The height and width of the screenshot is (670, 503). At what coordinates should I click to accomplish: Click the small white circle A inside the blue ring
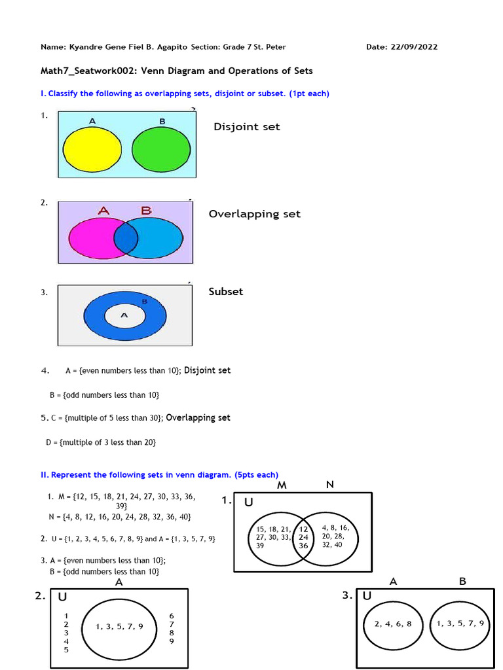tap(124, 315)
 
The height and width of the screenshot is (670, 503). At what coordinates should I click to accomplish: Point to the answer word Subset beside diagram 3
tap(225, 292)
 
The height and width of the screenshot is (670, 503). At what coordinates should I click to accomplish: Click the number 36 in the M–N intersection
tap(303, 546)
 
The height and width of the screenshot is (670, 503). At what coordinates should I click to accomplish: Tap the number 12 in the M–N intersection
tap(303, 529)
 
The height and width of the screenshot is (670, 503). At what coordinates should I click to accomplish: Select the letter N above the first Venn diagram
tap(329, 485)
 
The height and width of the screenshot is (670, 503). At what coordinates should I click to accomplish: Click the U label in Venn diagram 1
tap(249, 502)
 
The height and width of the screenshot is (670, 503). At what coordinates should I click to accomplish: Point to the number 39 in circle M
tap(261, 546)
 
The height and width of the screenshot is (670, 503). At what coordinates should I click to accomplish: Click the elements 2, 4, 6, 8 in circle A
tap(393, 624)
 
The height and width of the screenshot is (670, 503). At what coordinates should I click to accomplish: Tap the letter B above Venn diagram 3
tap(462, 581)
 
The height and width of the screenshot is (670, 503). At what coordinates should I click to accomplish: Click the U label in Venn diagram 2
tap(62, 597)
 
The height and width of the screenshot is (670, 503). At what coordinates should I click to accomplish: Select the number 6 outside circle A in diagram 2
tap(171, 616)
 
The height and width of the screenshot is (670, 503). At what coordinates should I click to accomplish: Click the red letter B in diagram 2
tap(145, 211)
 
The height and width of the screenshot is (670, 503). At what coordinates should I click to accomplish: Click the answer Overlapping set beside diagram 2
tap(255, 214)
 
